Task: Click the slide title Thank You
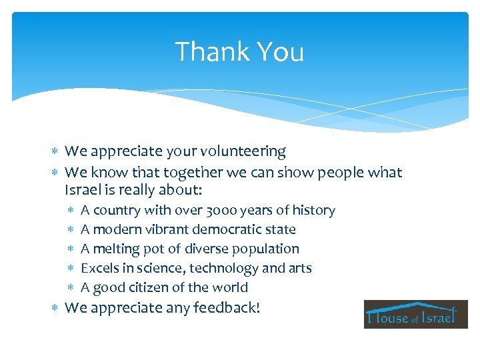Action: [239, 52]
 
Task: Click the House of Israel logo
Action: [415, 314]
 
